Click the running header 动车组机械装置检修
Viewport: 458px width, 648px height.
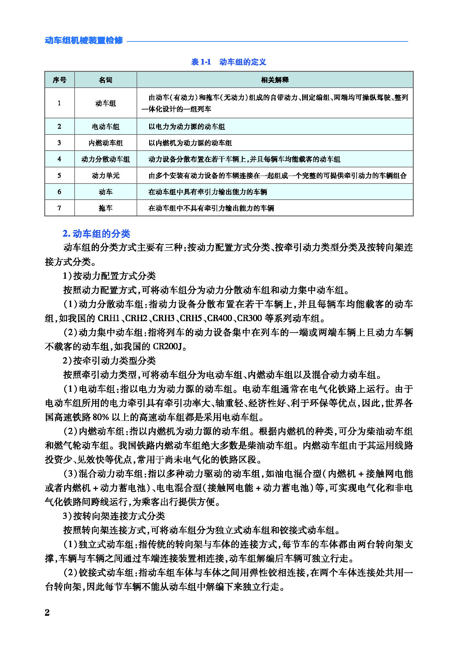(84, 41)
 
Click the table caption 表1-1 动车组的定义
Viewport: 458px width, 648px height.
(229, 62)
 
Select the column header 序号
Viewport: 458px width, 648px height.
(59, 80)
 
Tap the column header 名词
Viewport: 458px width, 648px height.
(106, 80)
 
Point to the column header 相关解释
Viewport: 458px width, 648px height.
(275, 80)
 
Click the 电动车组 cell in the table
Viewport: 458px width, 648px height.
(106, 127)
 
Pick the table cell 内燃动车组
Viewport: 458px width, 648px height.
(106, 143)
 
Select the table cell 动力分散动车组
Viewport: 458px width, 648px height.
(106, 159)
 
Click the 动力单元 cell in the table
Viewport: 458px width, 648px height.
(106, 176)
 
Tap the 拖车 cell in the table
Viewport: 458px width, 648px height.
(106, 208)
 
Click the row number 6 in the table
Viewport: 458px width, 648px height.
(59, 192)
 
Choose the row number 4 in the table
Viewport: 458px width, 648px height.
(59, 159)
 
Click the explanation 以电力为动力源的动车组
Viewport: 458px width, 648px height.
(187, 127)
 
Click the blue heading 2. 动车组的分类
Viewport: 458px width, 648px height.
(96, 234)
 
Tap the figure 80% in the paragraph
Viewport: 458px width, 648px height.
(101, 417)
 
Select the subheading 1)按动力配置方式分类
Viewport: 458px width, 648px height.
(109, 276)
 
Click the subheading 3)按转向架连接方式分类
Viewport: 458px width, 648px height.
(114, 516)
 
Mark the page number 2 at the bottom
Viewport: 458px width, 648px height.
(47, 613)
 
